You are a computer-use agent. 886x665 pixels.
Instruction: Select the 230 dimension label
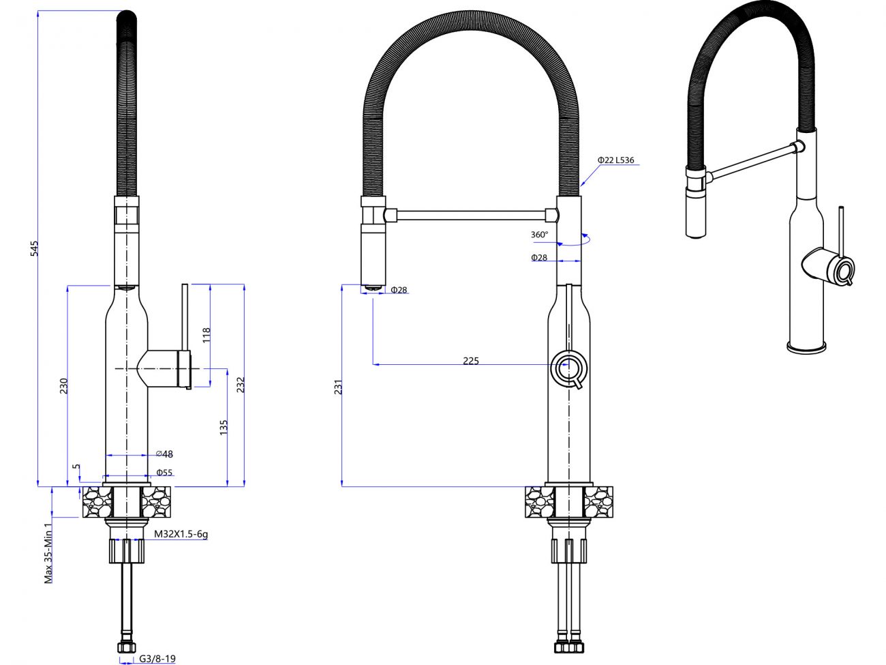point(63,385)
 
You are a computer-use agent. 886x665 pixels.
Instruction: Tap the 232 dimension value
point(241,385)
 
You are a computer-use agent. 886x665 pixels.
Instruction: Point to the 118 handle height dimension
point(207,335)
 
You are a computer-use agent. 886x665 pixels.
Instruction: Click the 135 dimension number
point(224,428)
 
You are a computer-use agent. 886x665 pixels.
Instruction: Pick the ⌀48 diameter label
point(165,454)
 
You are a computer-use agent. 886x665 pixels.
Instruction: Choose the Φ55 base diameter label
point(164,473)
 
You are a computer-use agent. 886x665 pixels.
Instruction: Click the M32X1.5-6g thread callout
point(181,534)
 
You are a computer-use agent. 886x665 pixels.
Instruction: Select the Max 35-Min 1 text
point(48,553)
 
